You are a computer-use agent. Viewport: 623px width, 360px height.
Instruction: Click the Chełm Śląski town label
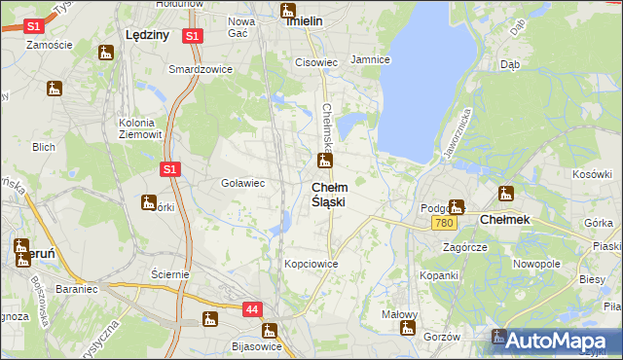[328, 194]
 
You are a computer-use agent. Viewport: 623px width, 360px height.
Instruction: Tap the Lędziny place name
[148, 34]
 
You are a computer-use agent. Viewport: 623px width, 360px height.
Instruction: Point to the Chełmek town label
[505, 220]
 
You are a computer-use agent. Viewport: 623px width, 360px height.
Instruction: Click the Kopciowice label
[311, 264]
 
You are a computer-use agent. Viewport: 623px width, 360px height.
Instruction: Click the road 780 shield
[444, 224]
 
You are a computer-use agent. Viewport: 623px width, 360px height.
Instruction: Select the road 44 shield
[252, 309]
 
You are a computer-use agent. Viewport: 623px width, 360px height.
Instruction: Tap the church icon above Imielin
[288, 12]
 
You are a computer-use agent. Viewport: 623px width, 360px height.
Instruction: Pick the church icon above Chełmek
[505, 193]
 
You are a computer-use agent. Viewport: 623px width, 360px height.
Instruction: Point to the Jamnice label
[370, 59]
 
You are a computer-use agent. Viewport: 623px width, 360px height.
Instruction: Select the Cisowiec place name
[316, 62]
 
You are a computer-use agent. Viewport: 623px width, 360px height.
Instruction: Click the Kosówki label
[591, 174]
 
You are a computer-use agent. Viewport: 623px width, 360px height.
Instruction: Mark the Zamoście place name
[51, 45]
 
